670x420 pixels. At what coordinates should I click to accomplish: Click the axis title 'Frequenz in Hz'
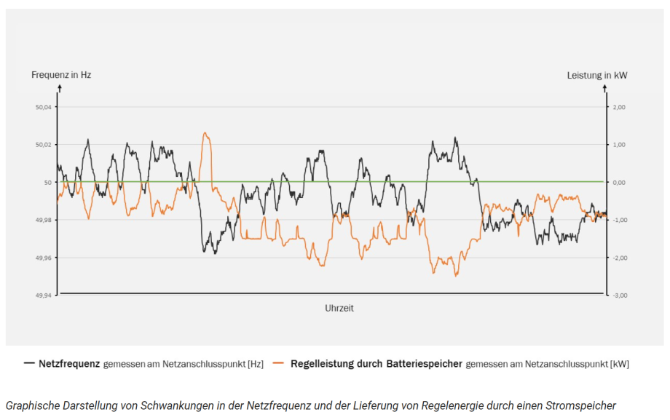(x=60, y=74)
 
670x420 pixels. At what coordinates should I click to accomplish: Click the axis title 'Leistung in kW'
(x=597, y=74)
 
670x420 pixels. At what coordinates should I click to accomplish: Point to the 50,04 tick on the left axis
(x=44, y=107)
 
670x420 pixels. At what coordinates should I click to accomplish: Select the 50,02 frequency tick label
(x=44, y=145)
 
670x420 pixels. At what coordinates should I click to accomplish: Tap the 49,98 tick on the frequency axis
(x=44, y=220)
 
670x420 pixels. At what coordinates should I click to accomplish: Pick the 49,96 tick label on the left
(x=44, y=258)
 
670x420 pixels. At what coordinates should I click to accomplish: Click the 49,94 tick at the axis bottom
(x=44, y=295)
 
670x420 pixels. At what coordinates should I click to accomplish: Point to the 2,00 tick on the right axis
(x=619, y=107)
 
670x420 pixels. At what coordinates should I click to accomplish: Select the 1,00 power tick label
(x=619, y=145)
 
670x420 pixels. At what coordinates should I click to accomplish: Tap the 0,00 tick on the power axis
(x=619, y=183)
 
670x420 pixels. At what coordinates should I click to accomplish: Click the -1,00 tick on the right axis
(x=618, y=220)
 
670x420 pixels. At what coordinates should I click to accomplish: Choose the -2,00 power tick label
(x=618, y=258)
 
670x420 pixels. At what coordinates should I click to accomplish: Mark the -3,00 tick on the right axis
(x=618, y=295)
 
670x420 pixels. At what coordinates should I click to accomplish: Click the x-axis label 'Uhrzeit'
(x=339, y=308)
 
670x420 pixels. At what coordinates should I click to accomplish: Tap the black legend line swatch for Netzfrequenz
(x=29, y=362)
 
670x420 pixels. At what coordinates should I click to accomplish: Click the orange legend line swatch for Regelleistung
(x=278, y=362)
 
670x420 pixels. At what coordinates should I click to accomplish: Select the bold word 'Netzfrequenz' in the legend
(x=69, y=362)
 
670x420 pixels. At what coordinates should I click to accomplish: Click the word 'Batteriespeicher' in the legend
(x=426, y=362)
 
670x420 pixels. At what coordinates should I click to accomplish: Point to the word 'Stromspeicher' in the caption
(x=583, y=405)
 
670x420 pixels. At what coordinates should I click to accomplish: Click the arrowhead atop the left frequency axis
(x=59, y=87)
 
